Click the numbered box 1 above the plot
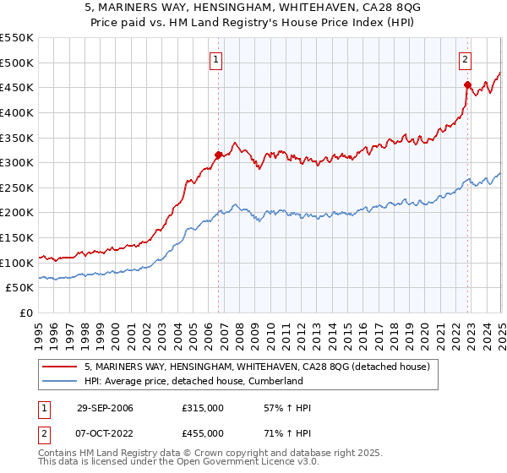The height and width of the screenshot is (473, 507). (x=217, y=60)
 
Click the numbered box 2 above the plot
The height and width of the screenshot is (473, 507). (x=466, y=60)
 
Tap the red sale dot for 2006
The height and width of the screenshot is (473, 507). (x=219, y=155)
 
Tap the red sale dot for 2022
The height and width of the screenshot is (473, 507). (x=467, y=84)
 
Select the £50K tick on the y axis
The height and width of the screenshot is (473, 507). (x=20, y=288)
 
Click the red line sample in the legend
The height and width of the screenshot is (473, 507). (x=60, y=367)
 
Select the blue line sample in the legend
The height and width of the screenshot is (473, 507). (x=60, y=381)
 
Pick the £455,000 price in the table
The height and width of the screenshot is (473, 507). (x=203, y=432)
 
